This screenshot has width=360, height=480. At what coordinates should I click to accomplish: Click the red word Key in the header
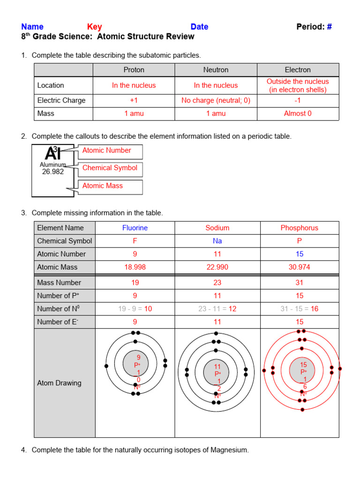[x=94, y=27]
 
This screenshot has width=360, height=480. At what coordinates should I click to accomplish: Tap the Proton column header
[x=134, y=70]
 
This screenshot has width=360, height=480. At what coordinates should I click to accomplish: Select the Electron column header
[x=298, y=70]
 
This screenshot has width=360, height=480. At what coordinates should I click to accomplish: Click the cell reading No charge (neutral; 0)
[x=216, y=100]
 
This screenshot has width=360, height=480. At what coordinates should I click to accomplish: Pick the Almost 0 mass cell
[x=298, y=113]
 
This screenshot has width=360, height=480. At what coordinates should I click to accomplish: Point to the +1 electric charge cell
[x=134, y=100]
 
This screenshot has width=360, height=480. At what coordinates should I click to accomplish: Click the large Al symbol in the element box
[x=52, y=153]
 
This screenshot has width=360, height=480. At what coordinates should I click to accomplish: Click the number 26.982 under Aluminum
[x=52, y=172]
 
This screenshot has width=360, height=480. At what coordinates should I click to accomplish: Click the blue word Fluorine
[x=135, y=228]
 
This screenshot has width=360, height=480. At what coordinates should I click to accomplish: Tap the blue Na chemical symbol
[x=217, y=241]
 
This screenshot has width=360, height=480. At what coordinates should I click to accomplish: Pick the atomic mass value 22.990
[x=217, y=267]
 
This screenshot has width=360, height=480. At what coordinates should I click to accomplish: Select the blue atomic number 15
[x=300, y=254]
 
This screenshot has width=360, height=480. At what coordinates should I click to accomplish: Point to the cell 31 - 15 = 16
[x=300, y=309]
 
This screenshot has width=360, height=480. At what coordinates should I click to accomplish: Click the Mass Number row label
[x=59, y=283]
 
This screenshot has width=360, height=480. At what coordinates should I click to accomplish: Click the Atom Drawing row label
[x=59, y=383]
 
